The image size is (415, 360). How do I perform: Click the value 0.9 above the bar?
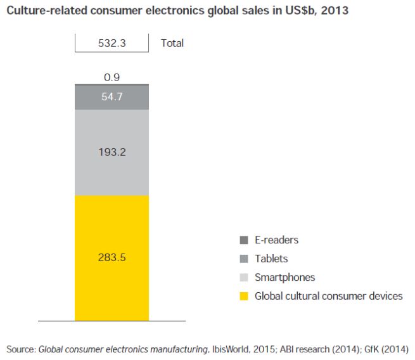pos(112,77)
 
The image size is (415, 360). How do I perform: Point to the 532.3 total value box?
pos(112,43)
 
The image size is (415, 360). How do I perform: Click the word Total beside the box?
pos(172,43)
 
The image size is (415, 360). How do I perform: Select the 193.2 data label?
pos(112,152)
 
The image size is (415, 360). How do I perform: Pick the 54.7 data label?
pos(112,98)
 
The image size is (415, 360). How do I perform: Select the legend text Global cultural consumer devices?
pos(328,295)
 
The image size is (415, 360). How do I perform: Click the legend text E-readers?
pos(276,240)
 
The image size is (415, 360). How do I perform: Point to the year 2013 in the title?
pos(336,11)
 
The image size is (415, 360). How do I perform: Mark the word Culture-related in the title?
pos(44,11)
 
